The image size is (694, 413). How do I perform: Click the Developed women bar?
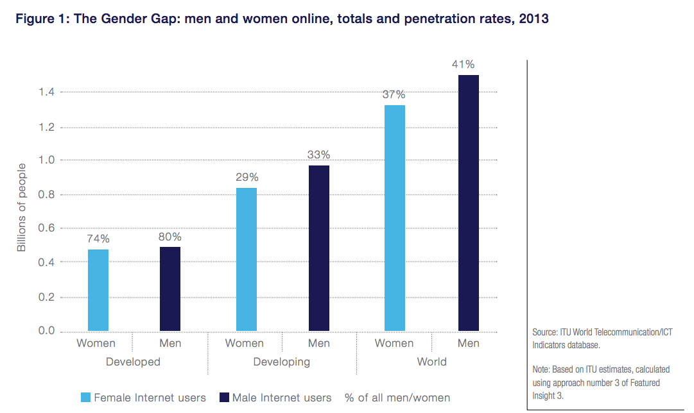pos(98,290)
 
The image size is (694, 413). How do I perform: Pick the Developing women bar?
pos(247,259)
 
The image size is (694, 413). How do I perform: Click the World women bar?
pos(395,218)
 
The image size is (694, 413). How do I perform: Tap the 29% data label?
pos(247,177)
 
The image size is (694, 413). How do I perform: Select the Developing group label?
pos(281,362)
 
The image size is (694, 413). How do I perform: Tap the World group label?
pos(431,362)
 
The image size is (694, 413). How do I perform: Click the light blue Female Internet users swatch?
pos(85,398)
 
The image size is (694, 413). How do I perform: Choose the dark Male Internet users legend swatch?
pos(224,398)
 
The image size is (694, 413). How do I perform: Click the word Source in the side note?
pos(545,332)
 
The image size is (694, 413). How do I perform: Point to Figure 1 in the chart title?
pos(42,19)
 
